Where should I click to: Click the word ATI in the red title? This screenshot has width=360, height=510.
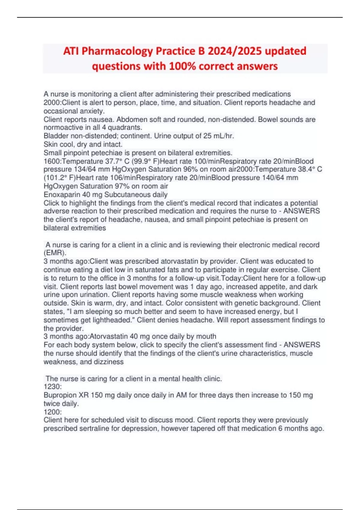click(71, 51)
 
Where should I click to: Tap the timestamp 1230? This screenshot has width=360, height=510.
click(52, 387)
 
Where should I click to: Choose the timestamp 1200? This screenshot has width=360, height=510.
click(52, 412)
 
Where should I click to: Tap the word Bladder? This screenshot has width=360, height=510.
click(56, 136)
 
